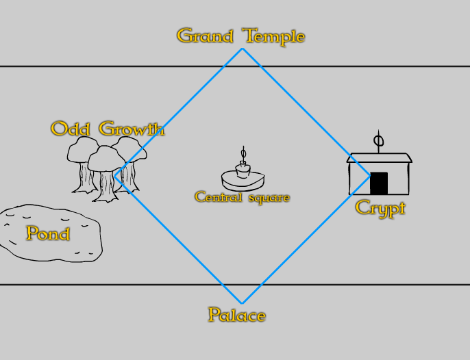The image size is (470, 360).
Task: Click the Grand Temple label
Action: click(240, 36)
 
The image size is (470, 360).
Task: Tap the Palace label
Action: click(236, 316)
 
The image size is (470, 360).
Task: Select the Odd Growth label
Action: click(108, 129)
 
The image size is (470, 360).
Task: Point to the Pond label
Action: click(48, 233)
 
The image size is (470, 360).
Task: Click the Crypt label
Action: click(380, 208)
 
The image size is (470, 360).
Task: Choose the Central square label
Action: click(242, 197)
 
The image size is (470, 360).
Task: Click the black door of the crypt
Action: click(379, 183)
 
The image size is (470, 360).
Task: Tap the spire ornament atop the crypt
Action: click(378, 141)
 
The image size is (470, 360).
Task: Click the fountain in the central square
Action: click(243, 177)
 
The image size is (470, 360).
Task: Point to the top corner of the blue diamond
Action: click(242, 49)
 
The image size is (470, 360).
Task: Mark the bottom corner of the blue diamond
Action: click(241, 303)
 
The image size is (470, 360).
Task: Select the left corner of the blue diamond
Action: click(121, 176)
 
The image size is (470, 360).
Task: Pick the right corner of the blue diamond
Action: click(371, 175)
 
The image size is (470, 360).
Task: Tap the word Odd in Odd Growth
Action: click(71, 129)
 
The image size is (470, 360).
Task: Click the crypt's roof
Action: click(380, 157)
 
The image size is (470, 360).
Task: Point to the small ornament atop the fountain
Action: click(243, 153)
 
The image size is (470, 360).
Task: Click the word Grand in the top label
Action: click(203, 36)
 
